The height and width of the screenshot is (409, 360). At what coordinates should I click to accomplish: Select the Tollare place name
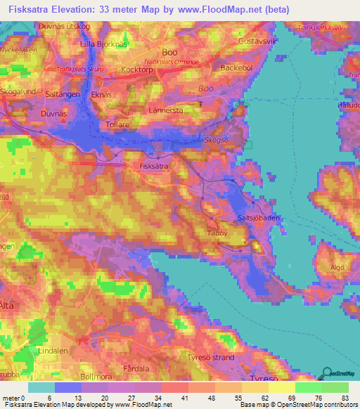(x=98, y=124)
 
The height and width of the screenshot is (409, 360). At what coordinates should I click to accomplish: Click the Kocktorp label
(x=136, y=71)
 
